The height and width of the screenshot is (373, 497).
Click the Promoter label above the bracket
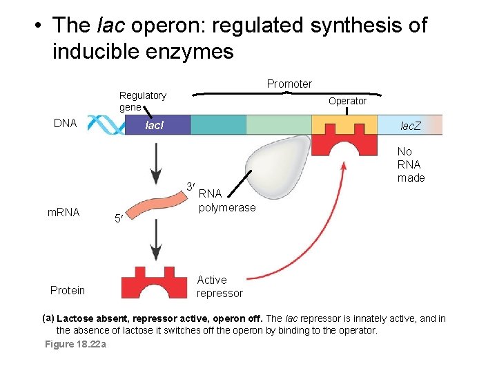(x=289, y=84)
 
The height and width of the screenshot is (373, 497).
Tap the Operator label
(x=347, y=101)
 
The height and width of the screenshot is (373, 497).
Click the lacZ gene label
(x=411, y=126)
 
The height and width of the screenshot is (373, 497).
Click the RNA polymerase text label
(x=226, y=201)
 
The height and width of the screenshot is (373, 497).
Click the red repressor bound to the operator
(x=344, y=144)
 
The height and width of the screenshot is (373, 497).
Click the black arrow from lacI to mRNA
(x=157, y=162)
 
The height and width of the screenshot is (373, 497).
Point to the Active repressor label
(x=220, y=287)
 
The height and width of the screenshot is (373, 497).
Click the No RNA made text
(x=411, y=164)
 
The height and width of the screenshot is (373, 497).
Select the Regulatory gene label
(x=142, y=101)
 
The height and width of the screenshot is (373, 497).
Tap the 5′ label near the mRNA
(x=119, y=219)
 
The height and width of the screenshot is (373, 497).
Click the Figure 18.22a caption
(x=75, y=344)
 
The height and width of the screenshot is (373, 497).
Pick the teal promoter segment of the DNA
(x=218, y=125)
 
